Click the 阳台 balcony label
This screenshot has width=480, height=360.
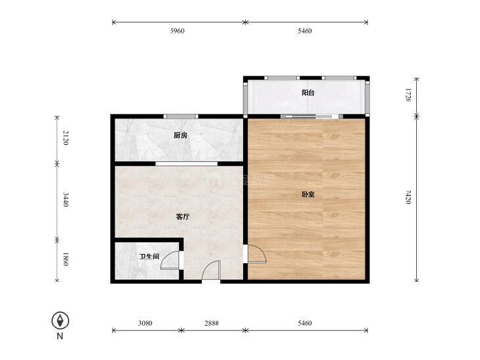(x=308, y=93)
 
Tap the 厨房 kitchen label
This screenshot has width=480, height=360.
(x=180, y=135)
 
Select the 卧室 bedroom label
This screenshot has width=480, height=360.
(x=308, y=194)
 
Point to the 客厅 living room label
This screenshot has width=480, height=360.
(x=183, y=217)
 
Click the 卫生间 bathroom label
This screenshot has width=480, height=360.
(x=149, y=257)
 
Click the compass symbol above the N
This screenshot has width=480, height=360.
(x=61, y=321)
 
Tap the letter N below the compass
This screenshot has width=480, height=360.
(x=60, y=336)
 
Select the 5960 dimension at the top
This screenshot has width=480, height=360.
(x=177, y=31)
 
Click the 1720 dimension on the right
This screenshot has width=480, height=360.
(x=408, y=95)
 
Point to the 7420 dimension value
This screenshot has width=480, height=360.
(x=408, y=197)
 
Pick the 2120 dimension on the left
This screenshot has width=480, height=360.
(x=65, y=138)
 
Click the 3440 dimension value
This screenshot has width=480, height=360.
(x=65, y=199)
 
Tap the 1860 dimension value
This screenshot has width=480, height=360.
(x=65, y=259)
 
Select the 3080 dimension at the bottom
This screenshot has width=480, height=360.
(x=145, y=323)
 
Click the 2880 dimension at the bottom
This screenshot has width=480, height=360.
(x=211, y=323)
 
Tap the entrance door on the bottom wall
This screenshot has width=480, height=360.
(x=211, y=270)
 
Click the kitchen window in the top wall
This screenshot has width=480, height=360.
(x=181, y=116)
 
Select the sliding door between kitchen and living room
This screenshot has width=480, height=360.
(x=186, y=164)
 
